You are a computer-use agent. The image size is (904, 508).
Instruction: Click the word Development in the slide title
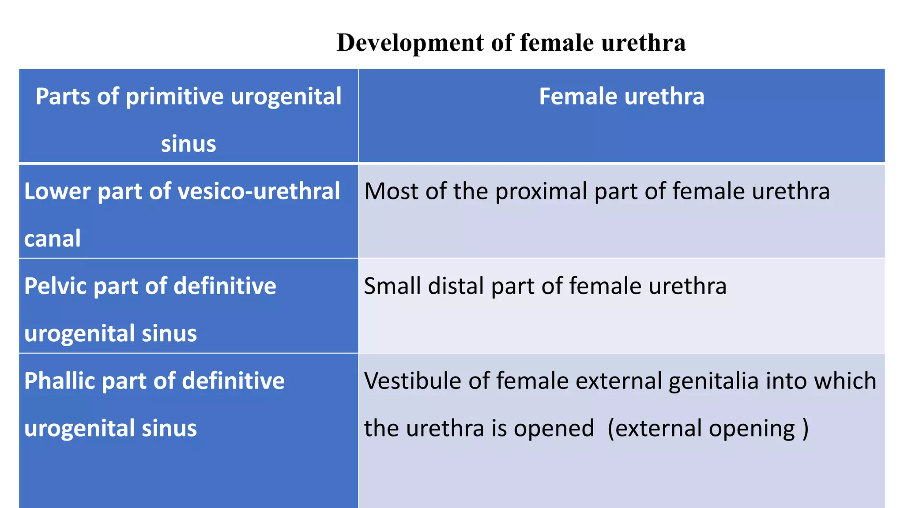click(410, 43)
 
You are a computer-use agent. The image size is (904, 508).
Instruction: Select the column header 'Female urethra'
click(621, 97)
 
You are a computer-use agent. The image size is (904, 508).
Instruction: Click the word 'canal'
click(53, 239)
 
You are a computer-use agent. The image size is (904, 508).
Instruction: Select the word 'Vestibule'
click(413, 381)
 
